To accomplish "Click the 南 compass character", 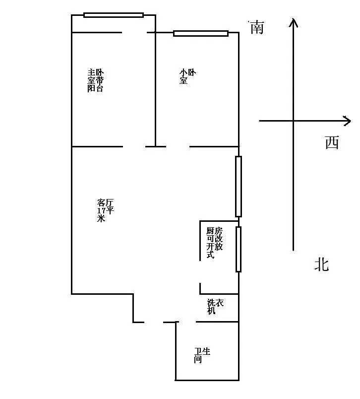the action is pyautogui.click(x=257, y=28).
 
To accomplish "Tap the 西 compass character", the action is pyautogui.click(x=332, y=142).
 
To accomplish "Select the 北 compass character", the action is pyautogui.click(x=322, y=265).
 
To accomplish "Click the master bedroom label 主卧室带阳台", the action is pyautogui.click(x=96, y=80).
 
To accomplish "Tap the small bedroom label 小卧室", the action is pyautogui.click(x=187, y=76).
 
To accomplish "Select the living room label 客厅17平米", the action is pyautogui.click(x=105, y=210).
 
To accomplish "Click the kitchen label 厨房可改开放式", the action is pyautogui.click(x=214, y=243).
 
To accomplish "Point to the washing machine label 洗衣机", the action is pyautogui.click(x=215, y=307).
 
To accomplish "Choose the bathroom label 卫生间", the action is pyautogui.click(x=202, y=355).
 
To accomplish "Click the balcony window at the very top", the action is pyautogui.click(x=114, y=15).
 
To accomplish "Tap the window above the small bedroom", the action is pyautogui.click(x=201, y=33).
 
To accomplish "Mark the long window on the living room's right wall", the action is pyautogui.click(x=239, y=187).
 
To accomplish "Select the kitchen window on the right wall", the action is pyautogui.click(x=239, y=249).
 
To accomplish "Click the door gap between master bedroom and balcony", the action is pyautogui.click(x=134, y=32).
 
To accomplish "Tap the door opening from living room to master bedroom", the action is pyautogui.click(x=134, y=146).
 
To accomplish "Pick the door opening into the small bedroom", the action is pyautogui.click(x=178, y=146).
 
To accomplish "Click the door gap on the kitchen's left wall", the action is pyautogui.click(x=200, y=272).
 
